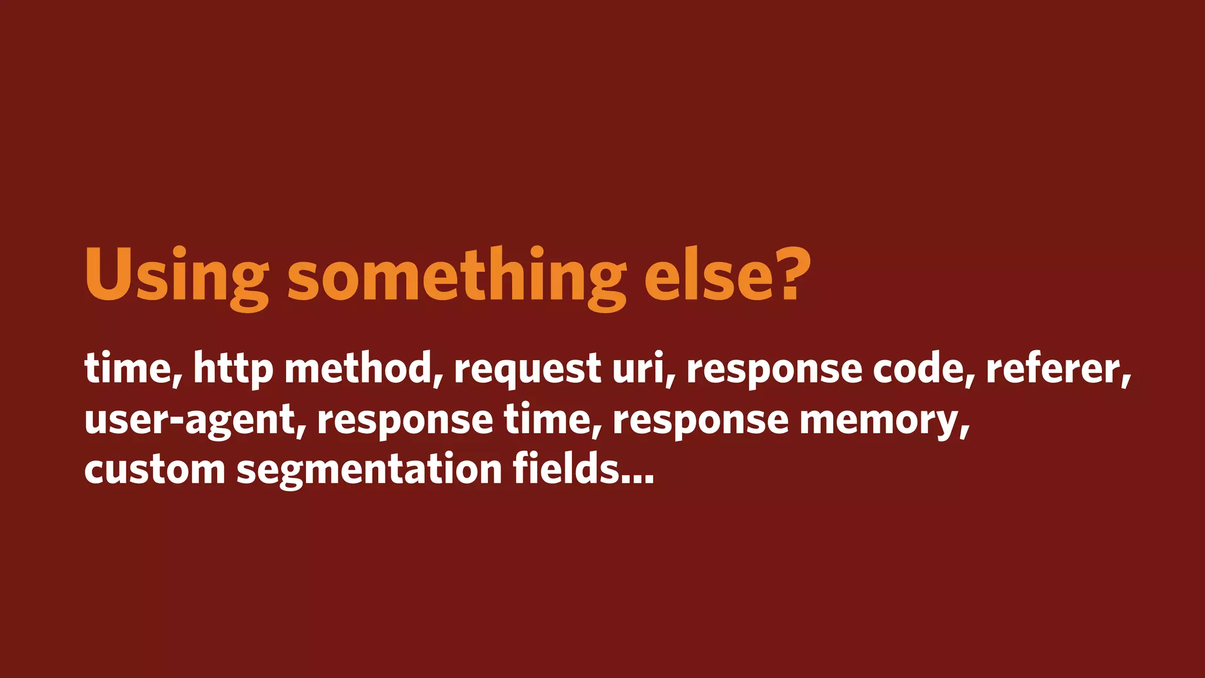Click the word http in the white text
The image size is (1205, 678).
point(233,370)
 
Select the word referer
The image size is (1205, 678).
point(1058,368)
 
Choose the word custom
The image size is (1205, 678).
point(155,470)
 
